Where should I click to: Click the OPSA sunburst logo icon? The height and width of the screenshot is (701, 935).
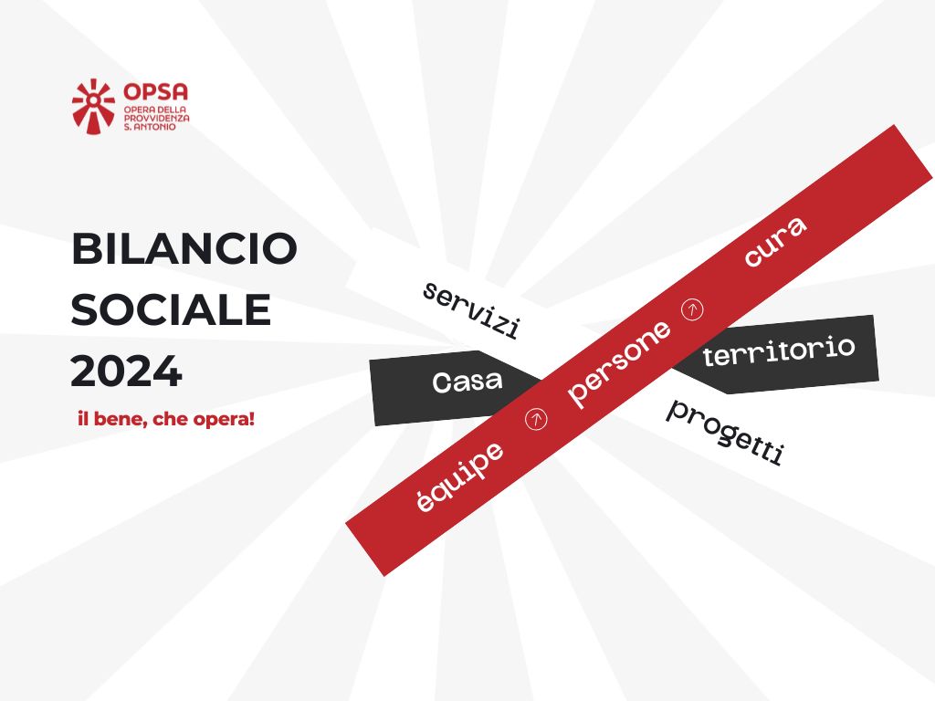(x=93, y=106)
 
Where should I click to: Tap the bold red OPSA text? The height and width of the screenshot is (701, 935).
(x=155, y=92)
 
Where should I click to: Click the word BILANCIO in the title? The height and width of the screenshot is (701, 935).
(x=184, y=249)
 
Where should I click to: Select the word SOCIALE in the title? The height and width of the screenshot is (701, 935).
(x=172, y=310)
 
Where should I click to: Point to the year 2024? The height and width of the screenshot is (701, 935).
(x=126, y=371)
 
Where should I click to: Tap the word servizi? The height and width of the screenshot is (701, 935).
(x=471, y=310)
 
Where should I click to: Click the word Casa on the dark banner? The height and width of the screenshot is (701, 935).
(x=467, y=382)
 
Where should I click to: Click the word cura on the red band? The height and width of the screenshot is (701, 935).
(x=774, y=243)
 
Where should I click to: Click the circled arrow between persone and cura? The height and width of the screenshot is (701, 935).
(x=694, y=309)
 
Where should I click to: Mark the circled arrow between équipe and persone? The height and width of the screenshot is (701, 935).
(x=538, y=419)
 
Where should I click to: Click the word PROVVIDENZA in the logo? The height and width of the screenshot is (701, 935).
(x=156, y=119)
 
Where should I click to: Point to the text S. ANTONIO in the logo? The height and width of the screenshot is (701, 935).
(x=150, y=127)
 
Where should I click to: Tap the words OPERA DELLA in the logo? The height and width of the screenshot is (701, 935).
(x=153, y=110)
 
